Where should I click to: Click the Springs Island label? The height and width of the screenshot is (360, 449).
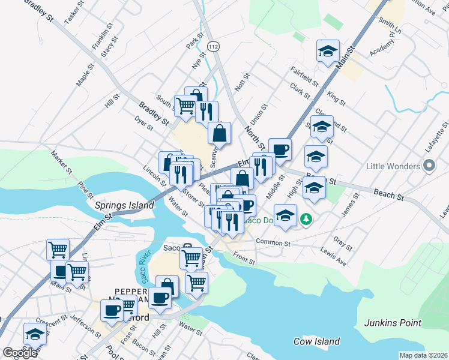[124, 205]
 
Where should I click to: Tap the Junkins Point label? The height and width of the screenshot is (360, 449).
[393, 323]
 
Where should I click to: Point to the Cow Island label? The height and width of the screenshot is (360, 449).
[317, 341]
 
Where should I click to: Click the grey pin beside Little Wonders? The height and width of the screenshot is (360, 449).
[429, 165]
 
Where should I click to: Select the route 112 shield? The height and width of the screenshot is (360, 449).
[212, 46]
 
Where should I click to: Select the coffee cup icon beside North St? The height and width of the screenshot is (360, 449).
[280, 148]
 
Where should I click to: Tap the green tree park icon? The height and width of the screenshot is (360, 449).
[307, 220]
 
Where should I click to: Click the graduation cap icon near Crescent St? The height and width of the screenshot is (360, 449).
[35, 334]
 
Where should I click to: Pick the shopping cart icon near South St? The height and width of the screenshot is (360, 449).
[185, 106]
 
